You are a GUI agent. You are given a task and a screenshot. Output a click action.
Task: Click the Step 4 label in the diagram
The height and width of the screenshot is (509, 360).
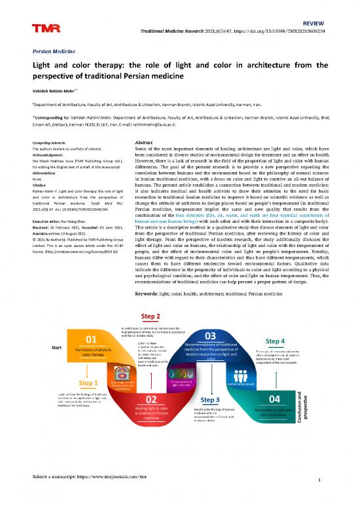276,341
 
